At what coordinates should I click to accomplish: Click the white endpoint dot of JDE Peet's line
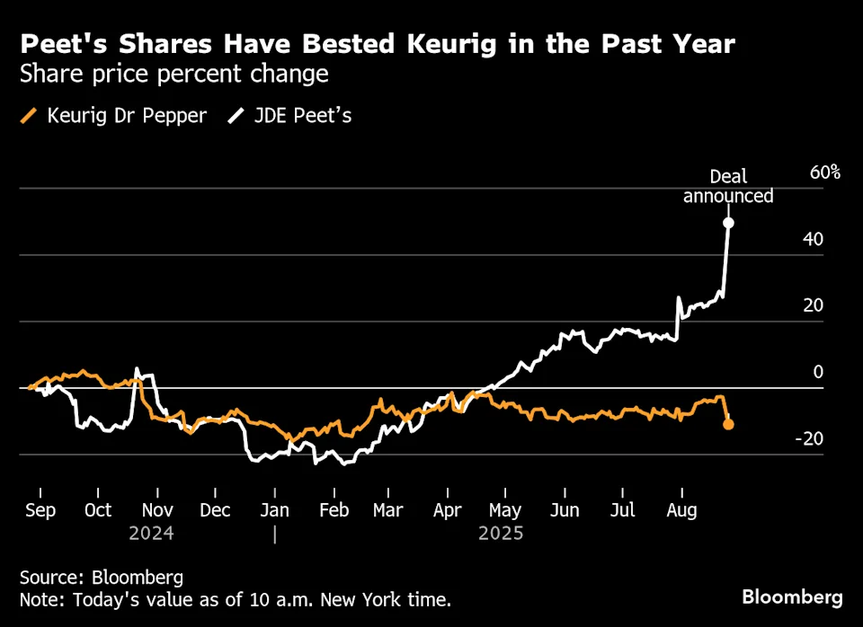coord(728,223)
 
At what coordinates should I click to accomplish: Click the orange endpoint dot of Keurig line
coord(728,424)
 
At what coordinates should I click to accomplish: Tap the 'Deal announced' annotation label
coord(728,186)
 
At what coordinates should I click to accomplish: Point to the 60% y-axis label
coord(824,172)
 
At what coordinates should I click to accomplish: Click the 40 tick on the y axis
coord(813,239)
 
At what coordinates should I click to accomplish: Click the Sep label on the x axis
coord(40,510)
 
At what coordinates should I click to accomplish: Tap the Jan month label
coord(275,510)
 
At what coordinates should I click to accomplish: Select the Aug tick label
coord(681,510)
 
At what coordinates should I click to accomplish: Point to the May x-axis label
coord(504,510)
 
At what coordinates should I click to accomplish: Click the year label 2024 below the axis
coord(150,533)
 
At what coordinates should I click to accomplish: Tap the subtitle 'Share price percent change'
coord(174,74)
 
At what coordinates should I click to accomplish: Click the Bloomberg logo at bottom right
coord(792,597)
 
